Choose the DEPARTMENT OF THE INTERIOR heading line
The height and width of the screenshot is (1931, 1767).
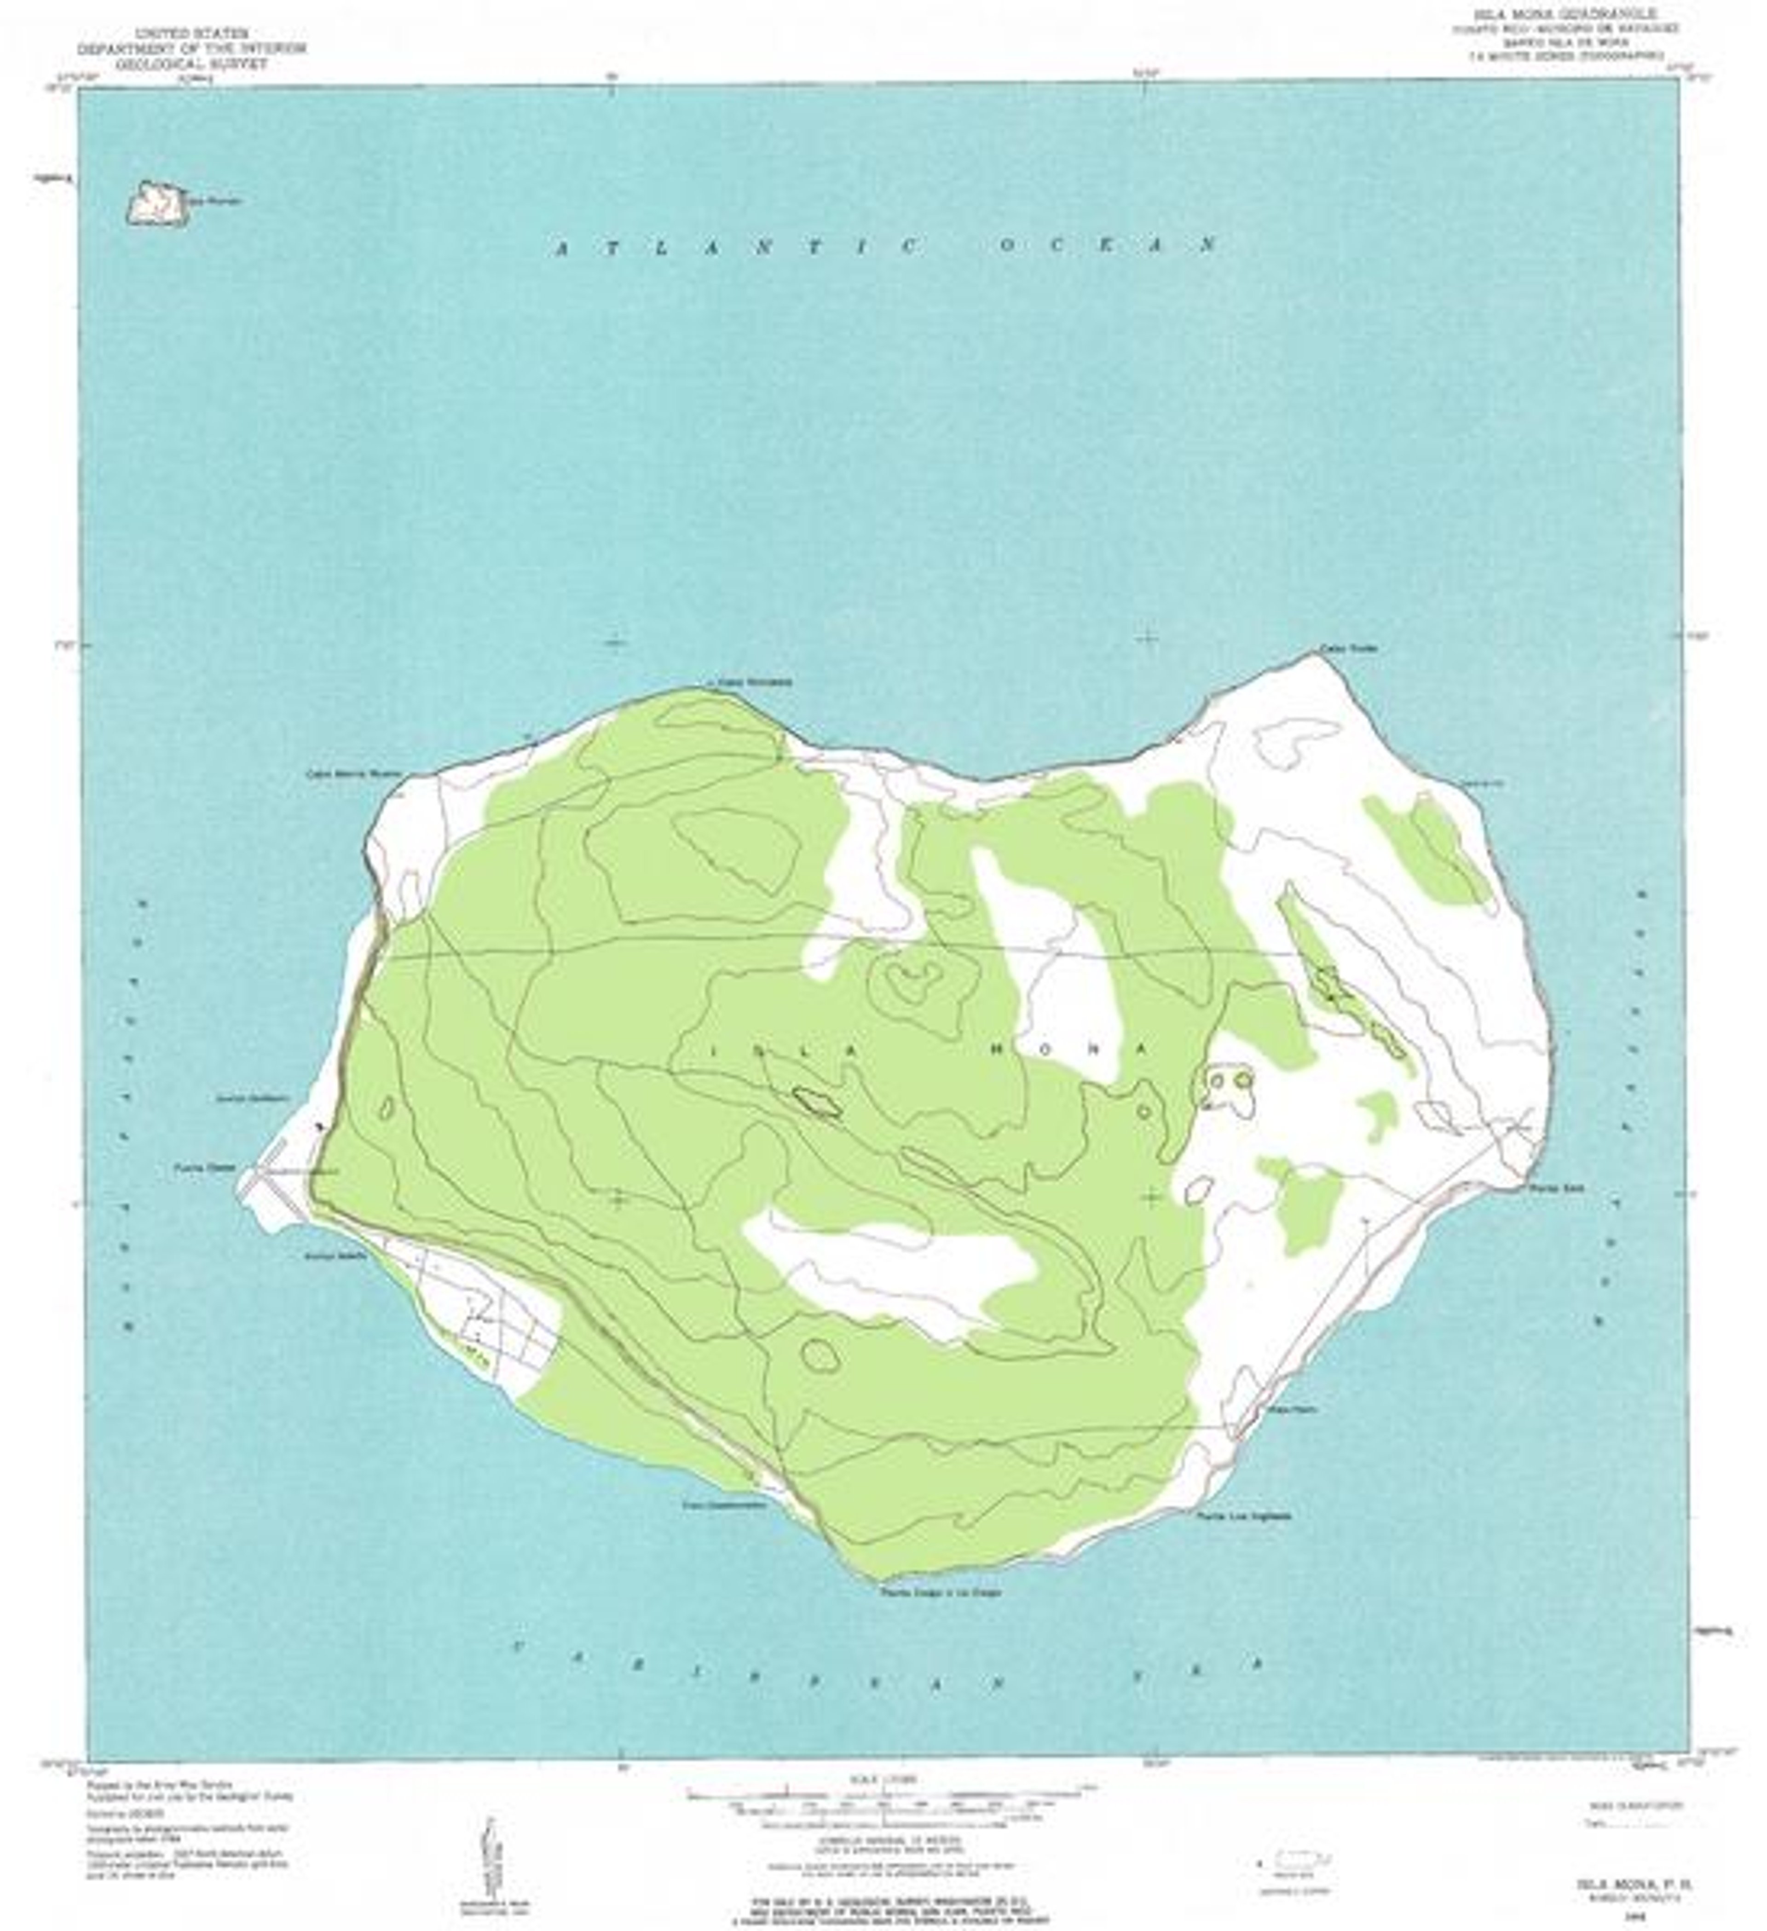[x=191, y=48]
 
